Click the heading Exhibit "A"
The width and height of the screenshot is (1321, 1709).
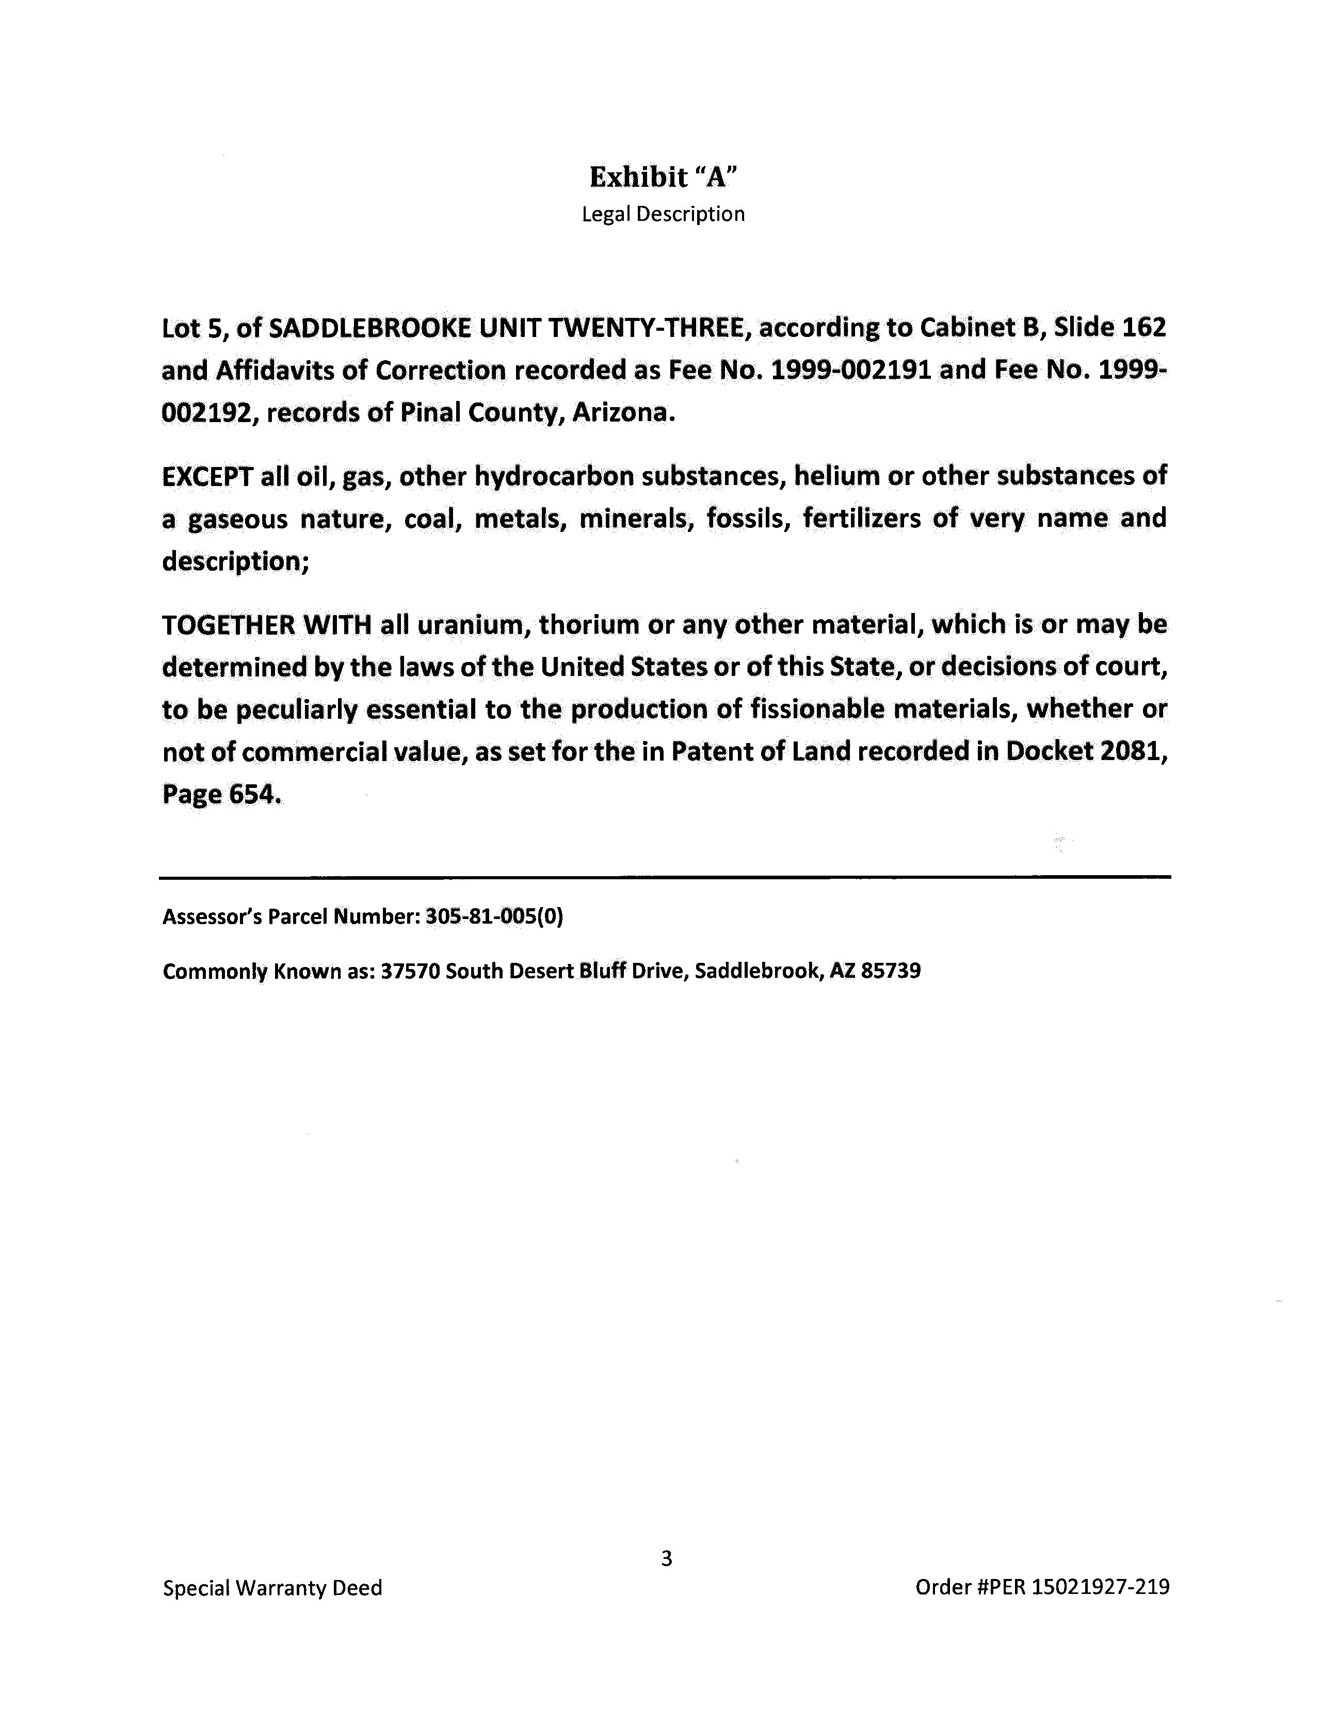[663, 177]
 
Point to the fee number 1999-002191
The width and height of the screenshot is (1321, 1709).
[851, 370]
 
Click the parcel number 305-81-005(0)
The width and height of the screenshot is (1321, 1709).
[494, 916]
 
